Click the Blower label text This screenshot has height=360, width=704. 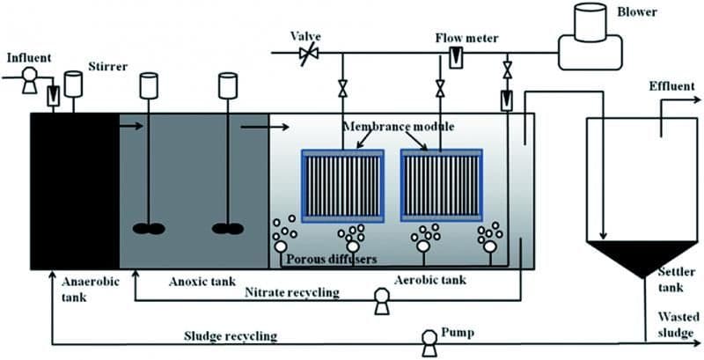click(x=672, y=13)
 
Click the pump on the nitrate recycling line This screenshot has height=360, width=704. click(x=382, y=302)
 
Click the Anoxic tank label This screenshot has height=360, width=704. click(x=198, y=282)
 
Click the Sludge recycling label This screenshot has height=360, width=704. click(x=230, y=336)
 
